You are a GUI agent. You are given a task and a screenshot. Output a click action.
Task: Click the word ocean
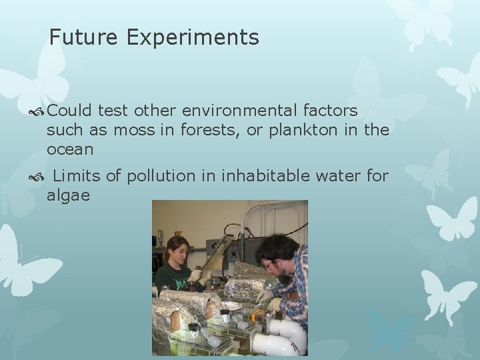(x=70, y=149)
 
